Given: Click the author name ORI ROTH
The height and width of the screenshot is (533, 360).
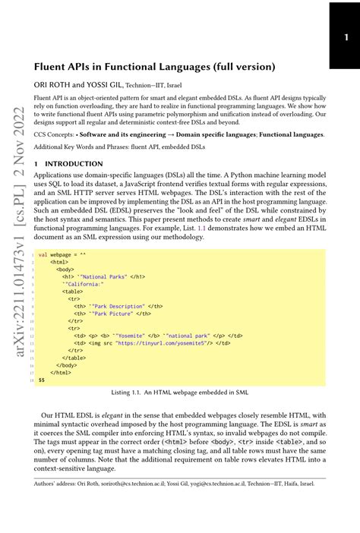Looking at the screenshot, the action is pyautogui.click(x=52, y=85).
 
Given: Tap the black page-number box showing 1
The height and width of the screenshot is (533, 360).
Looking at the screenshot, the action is pyautogui.click(x=343, y=35).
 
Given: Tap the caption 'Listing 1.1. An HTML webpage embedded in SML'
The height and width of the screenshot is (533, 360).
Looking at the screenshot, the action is pyautogui.click(x=179, y=392).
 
